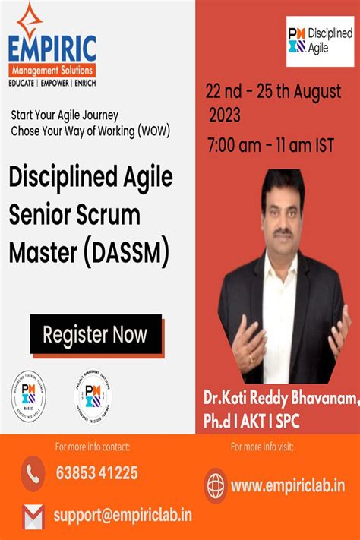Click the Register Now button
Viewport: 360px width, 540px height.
click(95, 334)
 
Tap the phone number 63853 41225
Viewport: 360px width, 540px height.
click(97, 473)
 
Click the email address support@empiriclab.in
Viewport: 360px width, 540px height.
click(122, 515)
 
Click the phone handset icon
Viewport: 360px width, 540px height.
click(33, 473)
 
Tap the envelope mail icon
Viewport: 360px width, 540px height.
click(33, 516)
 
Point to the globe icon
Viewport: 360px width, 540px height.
click(216, 484)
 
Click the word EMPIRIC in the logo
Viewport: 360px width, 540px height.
click(52, 49)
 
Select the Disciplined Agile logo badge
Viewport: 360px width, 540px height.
click(320, 41)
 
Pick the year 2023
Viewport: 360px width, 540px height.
click(225, 116)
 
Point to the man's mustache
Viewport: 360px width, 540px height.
click(283, 232)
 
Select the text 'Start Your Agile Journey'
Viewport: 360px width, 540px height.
click(64, 116)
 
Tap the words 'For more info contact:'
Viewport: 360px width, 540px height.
click(93, 447)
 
